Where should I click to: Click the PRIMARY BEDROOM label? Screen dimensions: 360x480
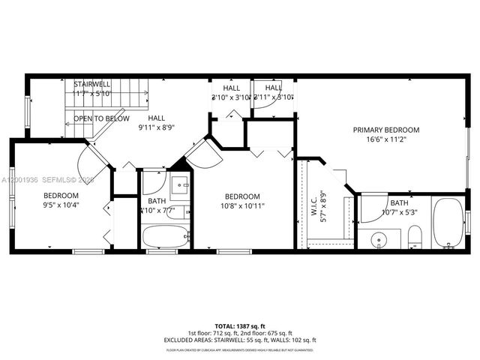click(x=386, y=130)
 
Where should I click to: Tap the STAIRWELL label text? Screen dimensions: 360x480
click(x=92, y=83)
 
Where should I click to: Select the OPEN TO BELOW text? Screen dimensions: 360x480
click(x=101, y=118)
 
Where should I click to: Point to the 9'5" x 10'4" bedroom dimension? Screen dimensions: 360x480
click(x=50, y=205)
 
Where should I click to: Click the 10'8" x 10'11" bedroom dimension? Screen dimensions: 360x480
click(x=242, y=205)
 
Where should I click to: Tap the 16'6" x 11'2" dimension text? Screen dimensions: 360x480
click(x=386, y=139)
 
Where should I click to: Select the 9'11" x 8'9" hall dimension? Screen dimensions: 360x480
click(x=156, y=127)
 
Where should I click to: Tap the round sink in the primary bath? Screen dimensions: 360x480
click(x=379, y=241)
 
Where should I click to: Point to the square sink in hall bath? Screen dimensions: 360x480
click(x=180, y=184)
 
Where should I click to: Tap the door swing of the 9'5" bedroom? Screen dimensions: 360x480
click(x=94, y=158)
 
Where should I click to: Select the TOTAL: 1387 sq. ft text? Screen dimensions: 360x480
click(x=240, y=325)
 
